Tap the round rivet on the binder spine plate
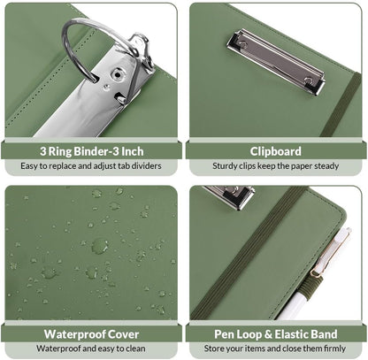coord(117,75)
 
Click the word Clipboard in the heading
coord(275,151)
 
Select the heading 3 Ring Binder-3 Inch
coord(92,151)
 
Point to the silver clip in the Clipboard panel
coord(276,61)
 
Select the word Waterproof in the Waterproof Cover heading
coord(74,334)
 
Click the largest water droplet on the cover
coord(100,246)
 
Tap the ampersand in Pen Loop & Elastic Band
coord(268,334)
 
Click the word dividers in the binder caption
coord(146,165)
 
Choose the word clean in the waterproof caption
coord(135,349)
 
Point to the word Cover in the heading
coord(123,334)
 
